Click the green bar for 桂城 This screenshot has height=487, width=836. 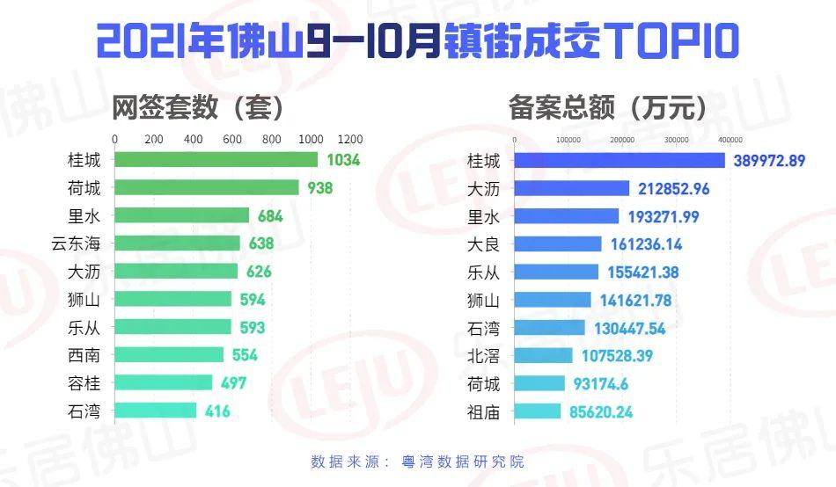216,160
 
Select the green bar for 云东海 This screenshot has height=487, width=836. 177,243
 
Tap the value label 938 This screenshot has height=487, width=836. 319,188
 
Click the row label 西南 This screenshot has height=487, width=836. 84,354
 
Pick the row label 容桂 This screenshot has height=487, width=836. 84,382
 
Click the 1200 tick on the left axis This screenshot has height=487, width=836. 349,140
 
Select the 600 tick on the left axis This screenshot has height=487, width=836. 232,140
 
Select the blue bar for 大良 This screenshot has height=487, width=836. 558,243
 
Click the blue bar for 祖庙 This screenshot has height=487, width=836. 537,411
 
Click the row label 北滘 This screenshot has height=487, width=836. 483,355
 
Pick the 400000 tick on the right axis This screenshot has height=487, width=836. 730,141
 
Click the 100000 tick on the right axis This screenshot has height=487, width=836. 568,141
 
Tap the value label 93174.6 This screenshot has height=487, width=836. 603,382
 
